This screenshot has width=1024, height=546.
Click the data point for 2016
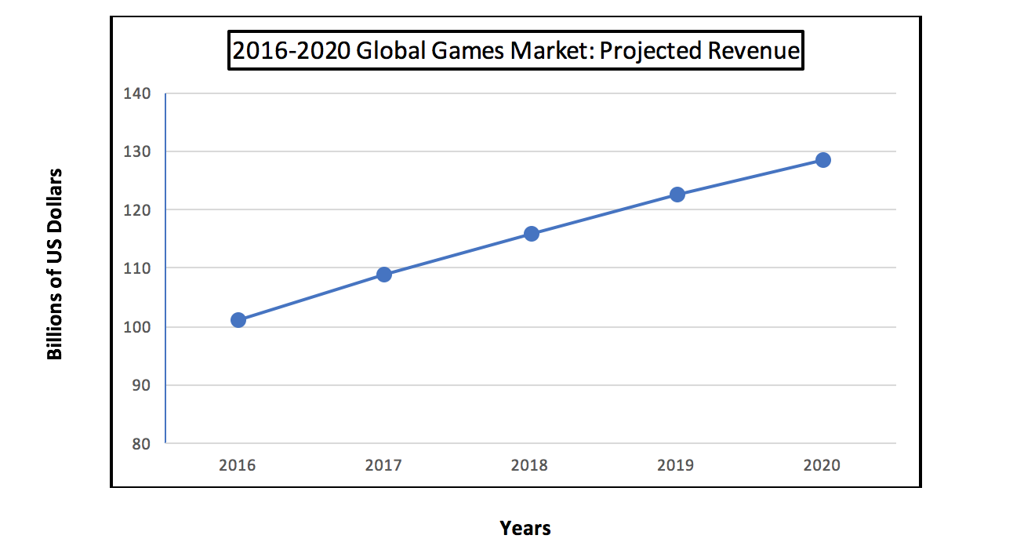(238, 319)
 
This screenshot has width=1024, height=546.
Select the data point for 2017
(384, 274)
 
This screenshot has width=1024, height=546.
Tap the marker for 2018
(531, 233)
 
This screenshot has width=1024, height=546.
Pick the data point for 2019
(677, 194)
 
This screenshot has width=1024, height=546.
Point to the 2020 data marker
(822, 160)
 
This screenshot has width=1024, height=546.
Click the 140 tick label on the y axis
(136, 93)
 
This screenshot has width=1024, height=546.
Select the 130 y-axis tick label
(136, 151)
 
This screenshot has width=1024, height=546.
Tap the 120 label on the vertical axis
(136, 210)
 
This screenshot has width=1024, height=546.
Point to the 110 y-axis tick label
(136, 268)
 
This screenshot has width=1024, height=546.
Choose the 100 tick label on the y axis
(136, 327)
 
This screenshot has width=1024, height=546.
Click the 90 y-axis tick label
(140, 385)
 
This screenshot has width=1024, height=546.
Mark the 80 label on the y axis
(140, 444)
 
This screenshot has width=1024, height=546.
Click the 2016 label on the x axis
(238, 465)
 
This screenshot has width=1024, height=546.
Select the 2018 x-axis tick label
(530, 465)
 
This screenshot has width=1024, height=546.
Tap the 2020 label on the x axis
(822, 465)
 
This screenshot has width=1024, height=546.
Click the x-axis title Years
(525, 528)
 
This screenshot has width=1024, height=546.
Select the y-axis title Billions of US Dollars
(54, 264)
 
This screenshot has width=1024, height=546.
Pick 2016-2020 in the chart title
(291, 51)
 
